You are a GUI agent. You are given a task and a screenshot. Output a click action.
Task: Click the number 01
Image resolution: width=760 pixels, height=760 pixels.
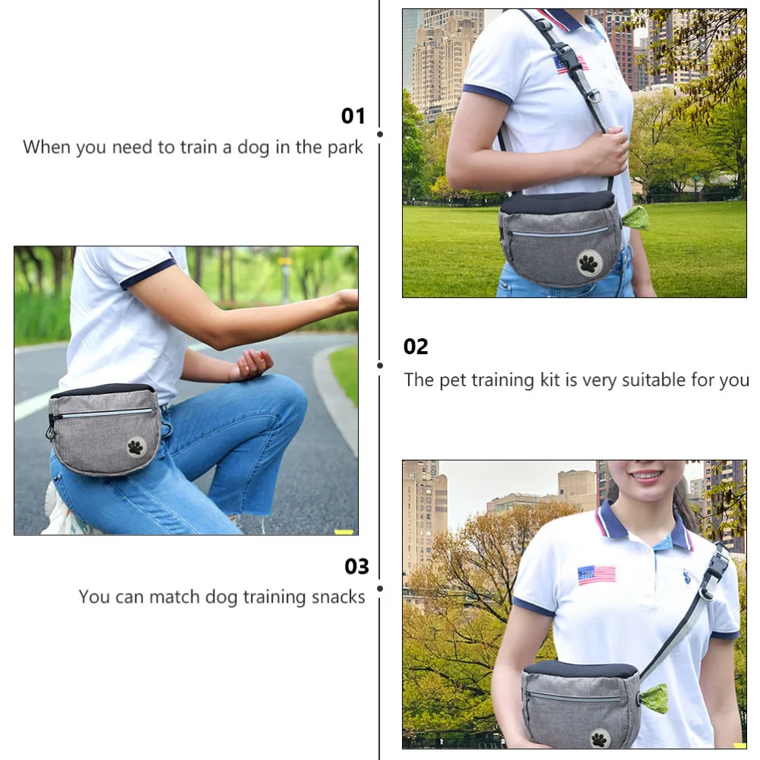click(x=353, y=116)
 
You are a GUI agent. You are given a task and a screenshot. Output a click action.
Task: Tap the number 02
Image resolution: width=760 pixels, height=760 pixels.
click(x=416, y=347)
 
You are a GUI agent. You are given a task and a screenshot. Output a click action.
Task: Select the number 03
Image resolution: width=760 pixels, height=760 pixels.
click(x=356, y=567)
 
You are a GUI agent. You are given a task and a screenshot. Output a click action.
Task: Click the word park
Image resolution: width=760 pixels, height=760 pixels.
click(x=345, y=147)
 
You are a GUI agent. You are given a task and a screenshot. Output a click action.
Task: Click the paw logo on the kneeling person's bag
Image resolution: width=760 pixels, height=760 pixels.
click(x=136, y=447)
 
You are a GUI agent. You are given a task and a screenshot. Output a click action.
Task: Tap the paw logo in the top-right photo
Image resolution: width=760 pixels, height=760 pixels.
click(x=589, y=263)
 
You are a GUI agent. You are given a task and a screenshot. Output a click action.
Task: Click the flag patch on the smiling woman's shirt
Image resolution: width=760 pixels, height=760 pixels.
click(x=597, y=575)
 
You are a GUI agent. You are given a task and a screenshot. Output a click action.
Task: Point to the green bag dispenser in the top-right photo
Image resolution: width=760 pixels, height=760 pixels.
click(x=635, y=217)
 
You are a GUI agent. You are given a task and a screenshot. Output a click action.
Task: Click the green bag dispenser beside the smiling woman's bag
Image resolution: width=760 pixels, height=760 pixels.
click(x=654, y=698)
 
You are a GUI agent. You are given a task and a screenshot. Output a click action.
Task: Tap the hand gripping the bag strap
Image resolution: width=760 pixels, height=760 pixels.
click(x=604, y=150)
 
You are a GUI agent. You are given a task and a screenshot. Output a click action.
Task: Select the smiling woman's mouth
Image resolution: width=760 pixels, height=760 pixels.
click(x=648, y=477)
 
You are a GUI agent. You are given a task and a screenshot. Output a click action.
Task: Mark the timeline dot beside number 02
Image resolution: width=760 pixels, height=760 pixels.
click(x=380, y=365)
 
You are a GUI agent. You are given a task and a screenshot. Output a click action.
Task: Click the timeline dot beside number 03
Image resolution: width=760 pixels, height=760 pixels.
click(x=380, y=587)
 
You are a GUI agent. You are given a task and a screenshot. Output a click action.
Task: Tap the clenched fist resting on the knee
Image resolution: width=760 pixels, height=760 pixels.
click(x=252, y=364)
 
